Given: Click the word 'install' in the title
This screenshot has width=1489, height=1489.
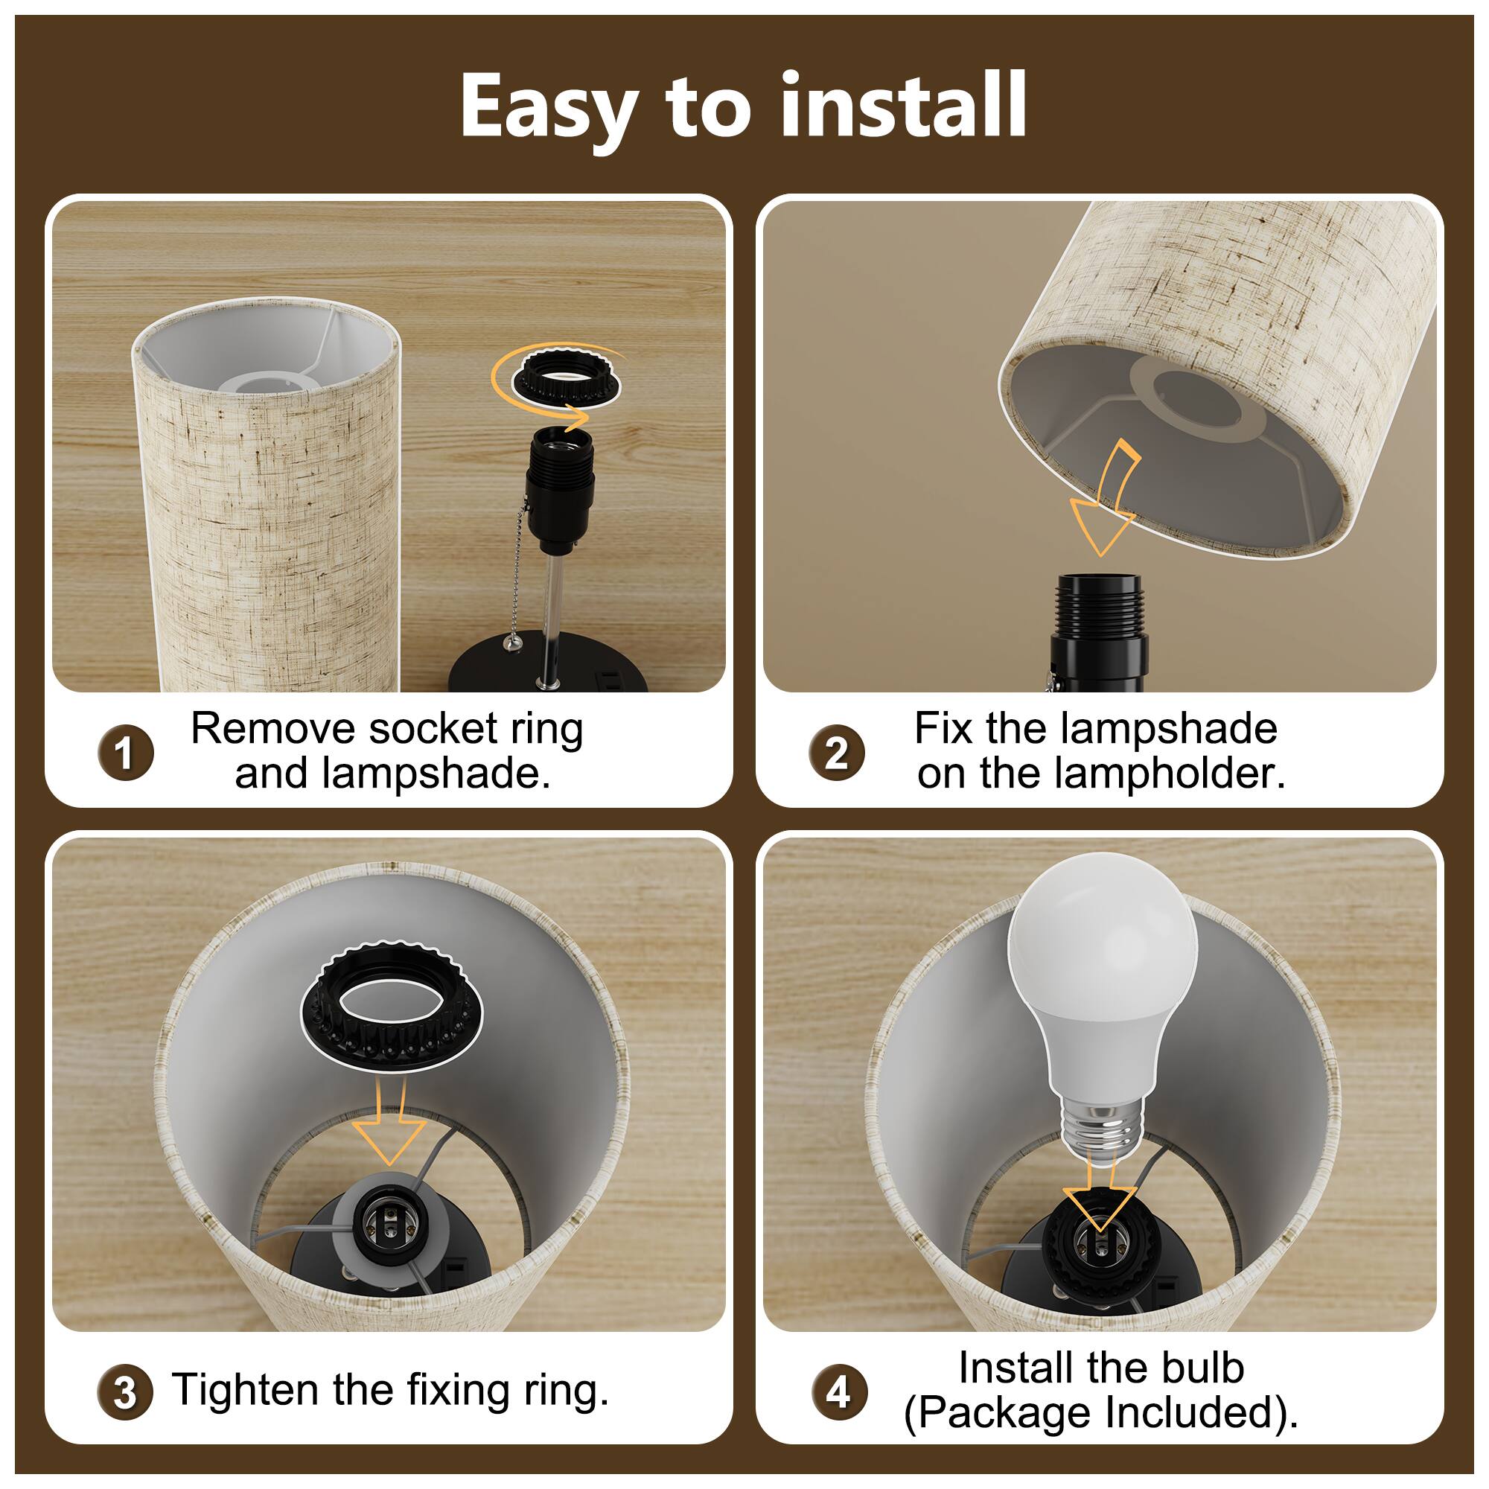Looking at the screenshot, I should pyautogui.click(x=902, y=106).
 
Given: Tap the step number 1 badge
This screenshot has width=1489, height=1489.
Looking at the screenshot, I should pyautogui.click(x=126, y=753).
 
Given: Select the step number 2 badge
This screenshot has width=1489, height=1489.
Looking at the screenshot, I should pyautogui.click(x=837, y=753).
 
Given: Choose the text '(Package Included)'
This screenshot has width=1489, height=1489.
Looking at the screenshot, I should pyautogui.click(x=1100, y=1413).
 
